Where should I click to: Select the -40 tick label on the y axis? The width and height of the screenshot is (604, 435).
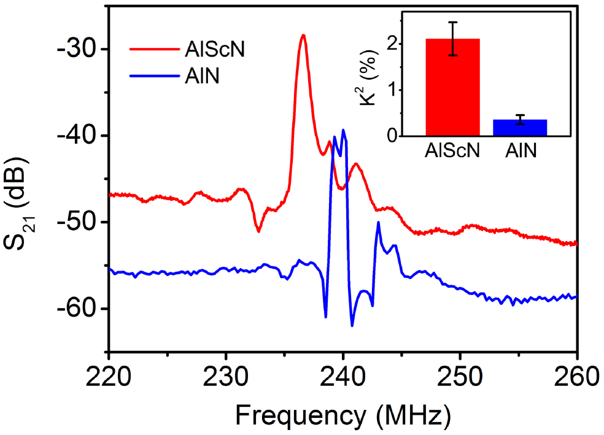pyautogui.click(x=77, y=136)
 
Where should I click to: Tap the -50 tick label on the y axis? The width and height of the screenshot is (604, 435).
pyautogui.click(x=77, y=222)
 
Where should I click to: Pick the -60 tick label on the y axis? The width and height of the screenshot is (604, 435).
pyautogui.click(x=77, y=309)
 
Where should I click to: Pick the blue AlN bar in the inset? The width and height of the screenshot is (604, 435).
pyautogui.click(x=520, y=128)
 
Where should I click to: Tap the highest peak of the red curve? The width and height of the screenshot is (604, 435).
pyautogui.click(x=303, y=36)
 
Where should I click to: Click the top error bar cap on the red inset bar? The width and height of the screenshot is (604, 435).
pyautogui.click(x=452, y=22)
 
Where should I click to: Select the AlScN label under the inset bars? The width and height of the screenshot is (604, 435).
pyautogui.click(x=453, y=151)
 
